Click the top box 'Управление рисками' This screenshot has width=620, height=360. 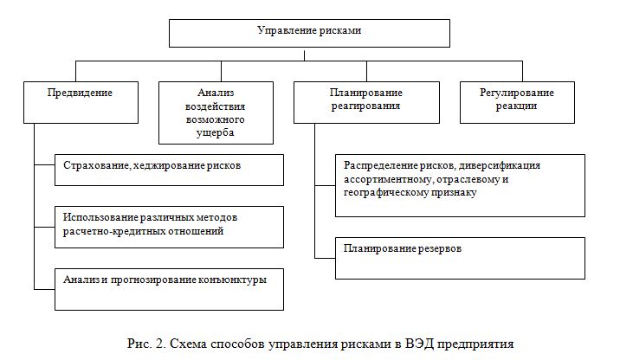pos(309,32)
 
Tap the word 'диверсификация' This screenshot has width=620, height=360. pos(499,164)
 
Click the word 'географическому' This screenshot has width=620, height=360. pos(385,193)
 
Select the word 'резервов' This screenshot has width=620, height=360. pos(433,249)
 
